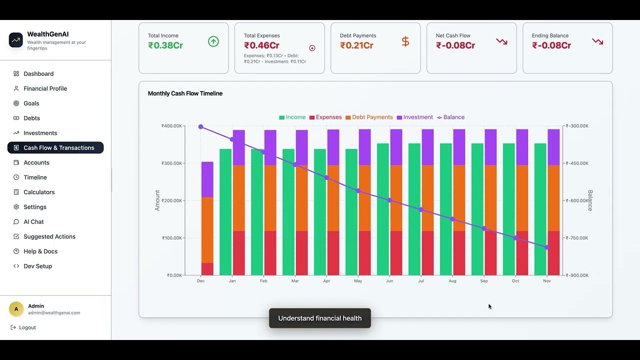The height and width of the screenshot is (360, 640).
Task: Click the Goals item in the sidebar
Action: coord(31,103)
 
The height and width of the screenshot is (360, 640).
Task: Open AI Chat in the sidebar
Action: coord(33,222)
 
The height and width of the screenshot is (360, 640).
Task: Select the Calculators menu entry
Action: coord(39,192)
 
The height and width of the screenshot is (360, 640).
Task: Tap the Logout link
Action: coord(27,327)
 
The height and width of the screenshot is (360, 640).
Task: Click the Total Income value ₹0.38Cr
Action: coord(165,45)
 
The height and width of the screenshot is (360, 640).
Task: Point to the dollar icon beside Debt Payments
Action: coord(405,42)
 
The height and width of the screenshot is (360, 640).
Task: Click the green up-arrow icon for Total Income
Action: coord(213,42)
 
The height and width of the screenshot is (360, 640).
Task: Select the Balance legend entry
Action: coord(451,117)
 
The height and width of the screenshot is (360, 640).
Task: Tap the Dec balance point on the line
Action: coord(201,127)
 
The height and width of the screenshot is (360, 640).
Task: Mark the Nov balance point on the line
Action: coord(547,247)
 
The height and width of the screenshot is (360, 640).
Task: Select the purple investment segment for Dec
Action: coord(207,179)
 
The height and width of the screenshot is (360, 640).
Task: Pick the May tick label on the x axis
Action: coord(358,281)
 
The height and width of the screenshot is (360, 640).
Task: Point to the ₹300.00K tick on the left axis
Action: coord(171,163)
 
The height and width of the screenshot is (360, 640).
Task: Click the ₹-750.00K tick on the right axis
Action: coord(577,238)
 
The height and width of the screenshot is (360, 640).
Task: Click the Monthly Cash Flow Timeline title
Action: coord(185,93)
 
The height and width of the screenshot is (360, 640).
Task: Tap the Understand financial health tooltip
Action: coord(320,318)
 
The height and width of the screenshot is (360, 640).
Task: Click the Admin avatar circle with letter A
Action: coord(16,309)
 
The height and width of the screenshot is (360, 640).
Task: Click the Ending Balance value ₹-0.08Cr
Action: coord(551,45)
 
